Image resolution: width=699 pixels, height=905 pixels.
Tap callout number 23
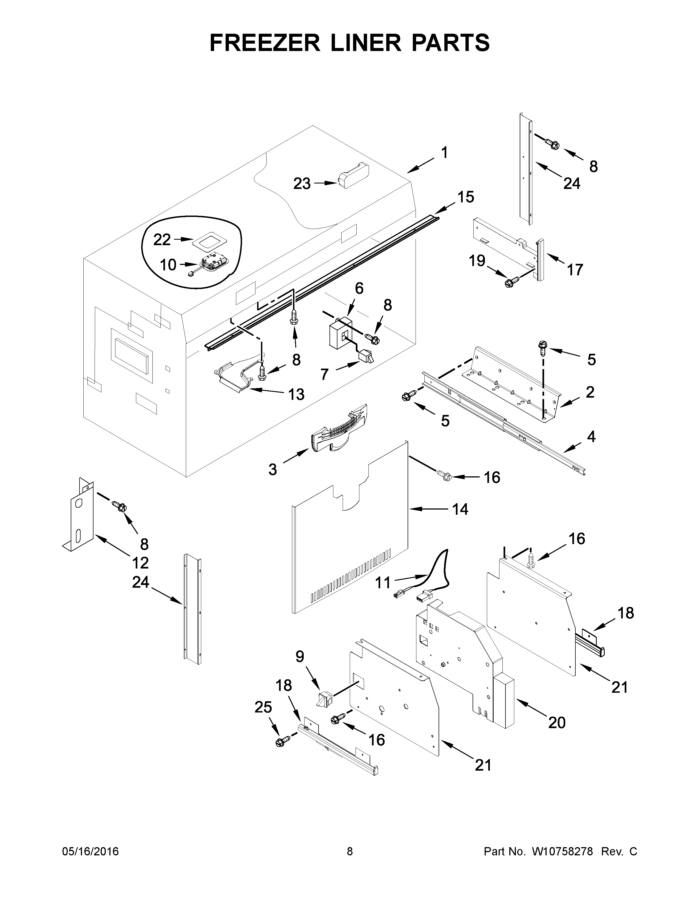(302, 183)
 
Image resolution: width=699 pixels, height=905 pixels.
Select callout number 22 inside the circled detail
(162, 239)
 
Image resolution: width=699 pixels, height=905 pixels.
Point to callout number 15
(465, 197)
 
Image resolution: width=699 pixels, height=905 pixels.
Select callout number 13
(296, 394)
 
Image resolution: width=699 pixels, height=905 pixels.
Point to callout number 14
(460, 509)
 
